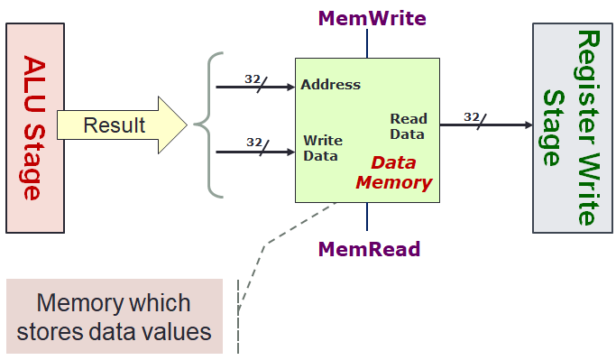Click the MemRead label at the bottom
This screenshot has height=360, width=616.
tap(367, 248)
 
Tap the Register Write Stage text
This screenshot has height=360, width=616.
tap(565, 127)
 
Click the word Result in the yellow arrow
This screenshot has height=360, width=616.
tap(114, 125)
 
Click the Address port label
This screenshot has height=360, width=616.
tap(330, 86)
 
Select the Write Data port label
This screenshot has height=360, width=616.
tap(321, 148)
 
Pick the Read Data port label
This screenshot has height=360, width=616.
tap(407, 126)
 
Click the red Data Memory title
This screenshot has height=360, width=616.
tap(393, 172)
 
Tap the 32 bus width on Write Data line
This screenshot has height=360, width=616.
tap(253, 142)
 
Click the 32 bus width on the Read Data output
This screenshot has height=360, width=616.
tap(471, 116)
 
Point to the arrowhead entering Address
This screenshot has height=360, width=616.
tap(290, 87)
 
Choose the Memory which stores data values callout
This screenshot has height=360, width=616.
tap(114, 316)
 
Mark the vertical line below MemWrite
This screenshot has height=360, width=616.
tap(367, 43)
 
